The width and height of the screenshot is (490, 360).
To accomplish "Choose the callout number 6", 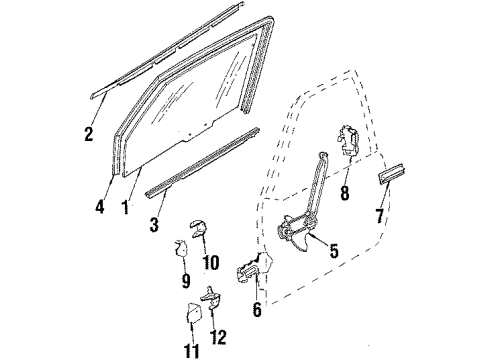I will click(x=258, y=311).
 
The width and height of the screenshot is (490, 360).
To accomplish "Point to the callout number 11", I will click(x=192, y=351).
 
